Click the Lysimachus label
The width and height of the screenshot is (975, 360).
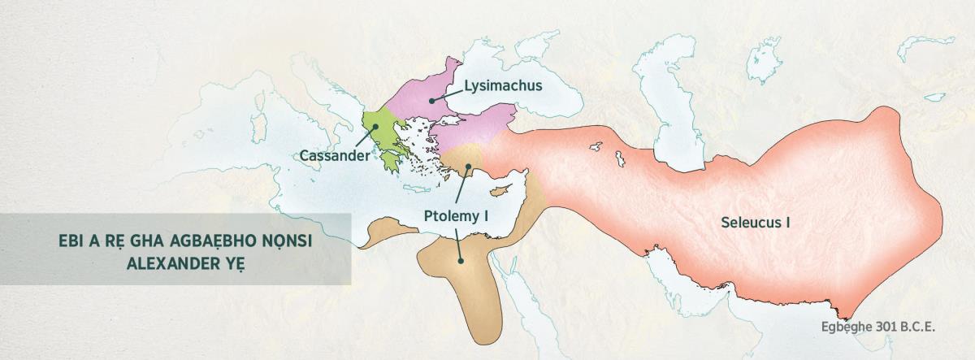click(x=503, y=85)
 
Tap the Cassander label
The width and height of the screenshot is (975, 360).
click(x=334, y=155)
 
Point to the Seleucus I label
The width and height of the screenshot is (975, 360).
click(x=756, y=221)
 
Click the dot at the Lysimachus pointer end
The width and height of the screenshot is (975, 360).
click(x=431, y=99)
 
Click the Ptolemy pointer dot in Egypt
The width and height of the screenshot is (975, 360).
click(x=461, y=261)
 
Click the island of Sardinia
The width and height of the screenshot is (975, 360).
click(x=261, y=128)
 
